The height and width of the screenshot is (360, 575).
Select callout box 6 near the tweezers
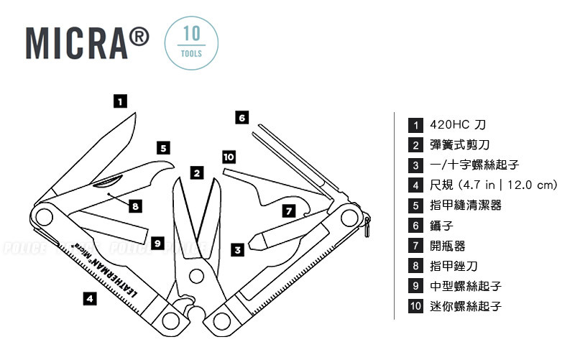tap(242, 116)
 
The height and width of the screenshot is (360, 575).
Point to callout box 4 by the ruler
tap(88, 297)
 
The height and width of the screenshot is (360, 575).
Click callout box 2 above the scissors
tap(197, 172)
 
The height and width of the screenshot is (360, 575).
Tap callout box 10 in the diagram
tap(229, 157)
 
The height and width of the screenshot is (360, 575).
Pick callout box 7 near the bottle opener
tap(287, 211)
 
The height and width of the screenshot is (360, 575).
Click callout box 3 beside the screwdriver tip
tap(236, 249)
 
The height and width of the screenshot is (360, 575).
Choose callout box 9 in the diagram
tap(157, 242)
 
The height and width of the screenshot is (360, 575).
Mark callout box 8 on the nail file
tap(135, 206)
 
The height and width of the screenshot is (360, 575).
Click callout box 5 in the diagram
tap(164, 148)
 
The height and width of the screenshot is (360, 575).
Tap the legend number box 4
tap(415, 185)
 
